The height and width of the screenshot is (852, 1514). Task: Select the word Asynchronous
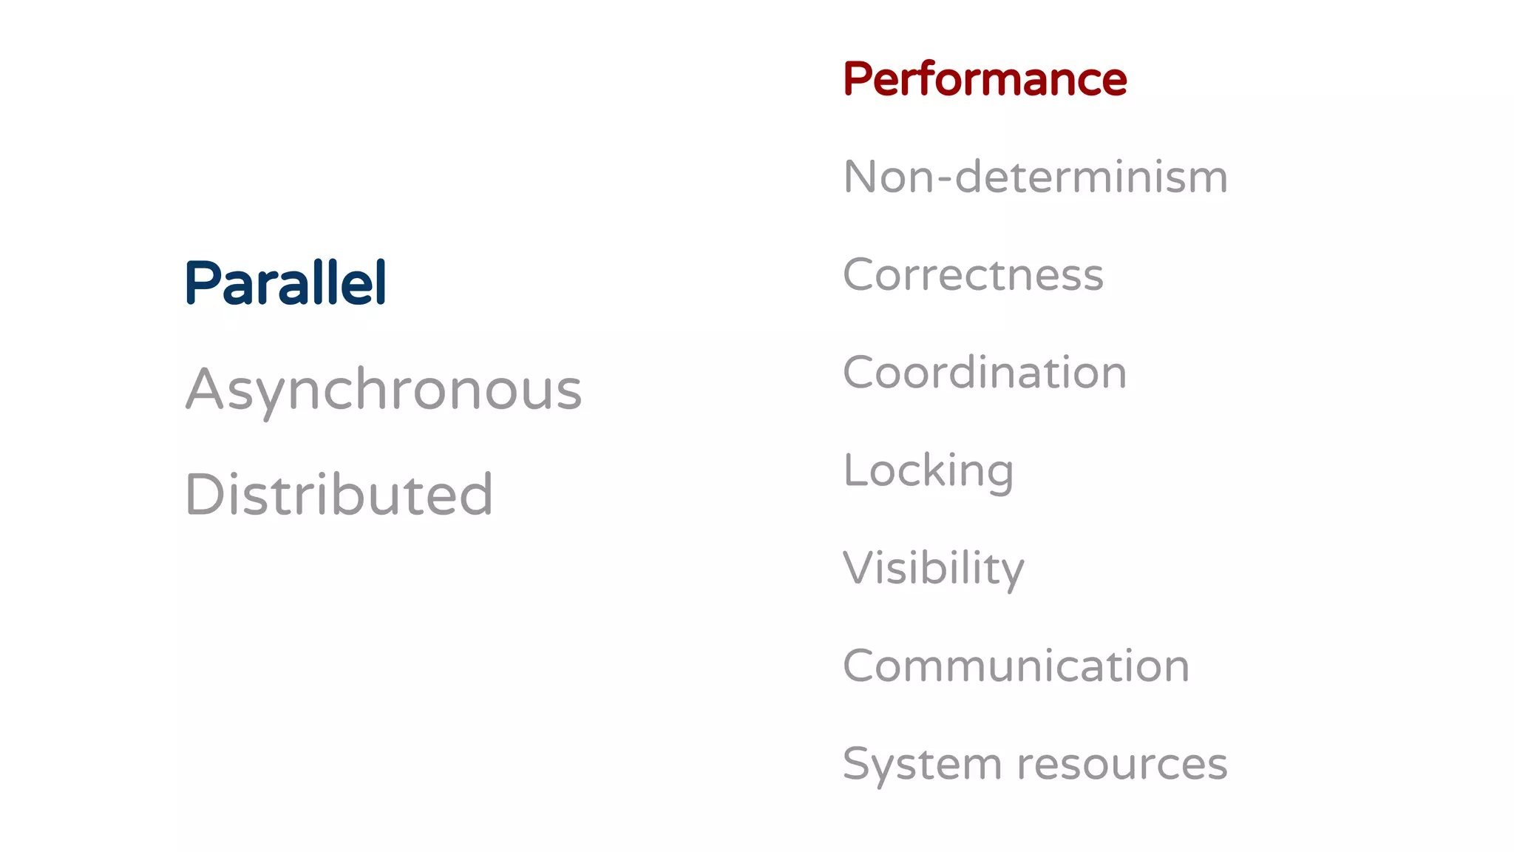383,389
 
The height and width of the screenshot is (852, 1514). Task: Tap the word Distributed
339,494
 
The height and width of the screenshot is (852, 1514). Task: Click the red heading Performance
985,79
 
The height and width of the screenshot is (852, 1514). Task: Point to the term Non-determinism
1035,177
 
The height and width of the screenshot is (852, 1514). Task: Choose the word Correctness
973,275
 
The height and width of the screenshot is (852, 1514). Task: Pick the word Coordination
985,372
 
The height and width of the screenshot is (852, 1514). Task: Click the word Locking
929,471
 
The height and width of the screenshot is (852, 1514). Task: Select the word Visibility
934,568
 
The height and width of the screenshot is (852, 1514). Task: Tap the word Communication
1016,666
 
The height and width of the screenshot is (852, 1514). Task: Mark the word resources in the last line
1122,764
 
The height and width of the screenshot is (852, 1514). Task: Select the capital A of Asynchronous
204,389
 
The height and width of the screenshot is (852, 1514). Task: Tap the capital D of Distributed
203,494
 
